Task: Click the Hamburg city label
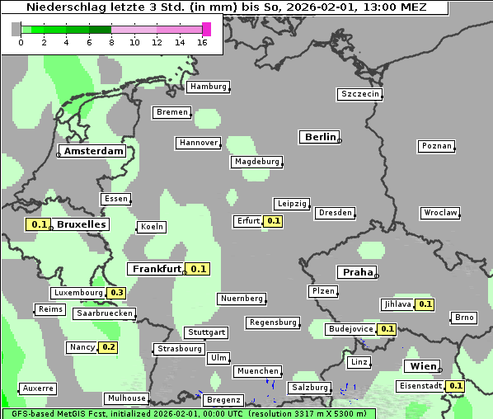pos(208,87)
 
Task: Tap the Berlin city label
pos(320,137)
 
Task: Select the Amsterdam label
pos(93,151)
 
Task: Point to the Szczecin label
pos(359,94)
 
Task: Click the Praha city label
pos(357,272)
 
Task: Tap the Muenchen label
pos(257,371)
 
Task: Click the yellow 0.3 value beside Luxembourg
pos(116,293)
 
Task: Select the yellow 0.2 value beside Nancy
pos(108,347)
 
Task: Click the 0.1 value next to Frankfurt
pos(198,269)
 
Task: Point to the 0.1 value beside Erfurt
pos(273,221)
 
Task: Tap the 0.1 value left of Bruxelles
pos(38,224)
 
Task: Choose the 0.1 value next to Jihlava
pos(425,304)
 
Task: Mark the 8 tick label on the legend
pos(111,42)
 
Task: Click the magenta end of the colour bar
pos(206,29)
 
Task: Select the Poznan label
pos(436,146)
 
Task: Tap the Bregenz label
pos(223,400)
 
